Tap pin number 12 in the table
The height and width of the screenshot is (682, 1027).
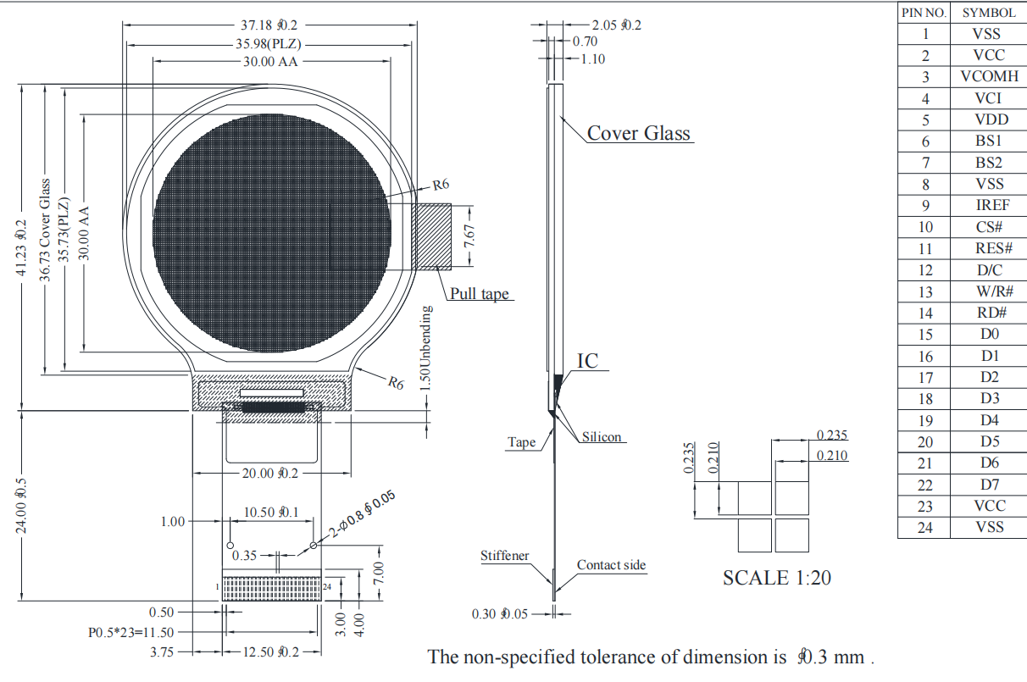(x=925, y=270)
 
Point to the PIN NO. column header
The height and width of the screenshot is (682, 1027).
(x=924, y=13)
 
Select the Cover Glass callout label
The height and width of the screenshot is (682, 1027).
(x=638, y=133)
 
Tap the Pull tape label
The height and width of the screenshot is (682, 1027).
(x=480, y=293)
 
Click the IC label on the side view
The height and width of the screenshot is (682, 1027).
(x=587, y=361)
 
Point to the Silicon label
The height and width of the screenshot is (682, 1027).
(x=602, y=437)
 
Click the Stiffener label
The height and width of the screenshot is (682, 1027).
(x=505, y=556)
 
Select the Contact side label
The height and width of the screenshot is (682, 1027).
(x=611, y=565)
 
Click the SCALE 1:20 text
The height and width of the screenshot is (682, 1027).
(x=776, y=578)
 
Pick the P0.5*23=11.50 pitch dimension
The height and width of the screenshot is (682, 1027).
(x=131, y=632)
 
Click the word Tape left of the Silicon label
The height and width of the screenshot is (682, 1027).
(x=522, y=442)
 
